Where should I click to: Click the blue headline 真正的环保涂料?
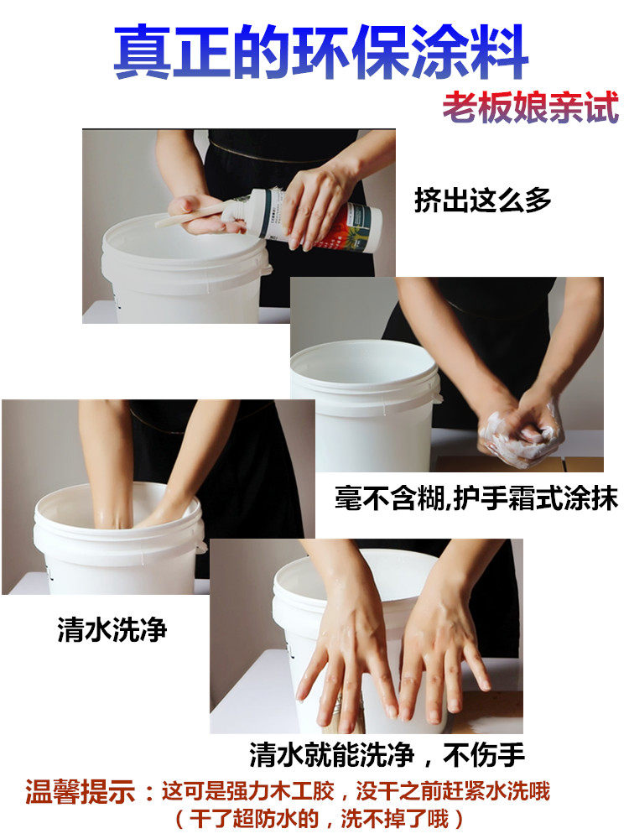[x=321, y=52]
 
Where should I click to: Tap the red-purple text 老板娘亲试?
[x=531, y=107]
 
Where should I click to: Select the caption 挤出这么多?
[x=482, y=201]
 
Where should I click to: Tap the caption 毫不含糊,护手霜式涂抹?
[x=476, y=498]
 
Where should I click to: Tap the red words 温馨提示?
[x=80, y=792]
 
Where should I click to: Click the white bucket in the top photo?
[x=185, y=270]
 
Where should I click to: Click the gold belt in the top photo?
[x=268, y=153]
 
